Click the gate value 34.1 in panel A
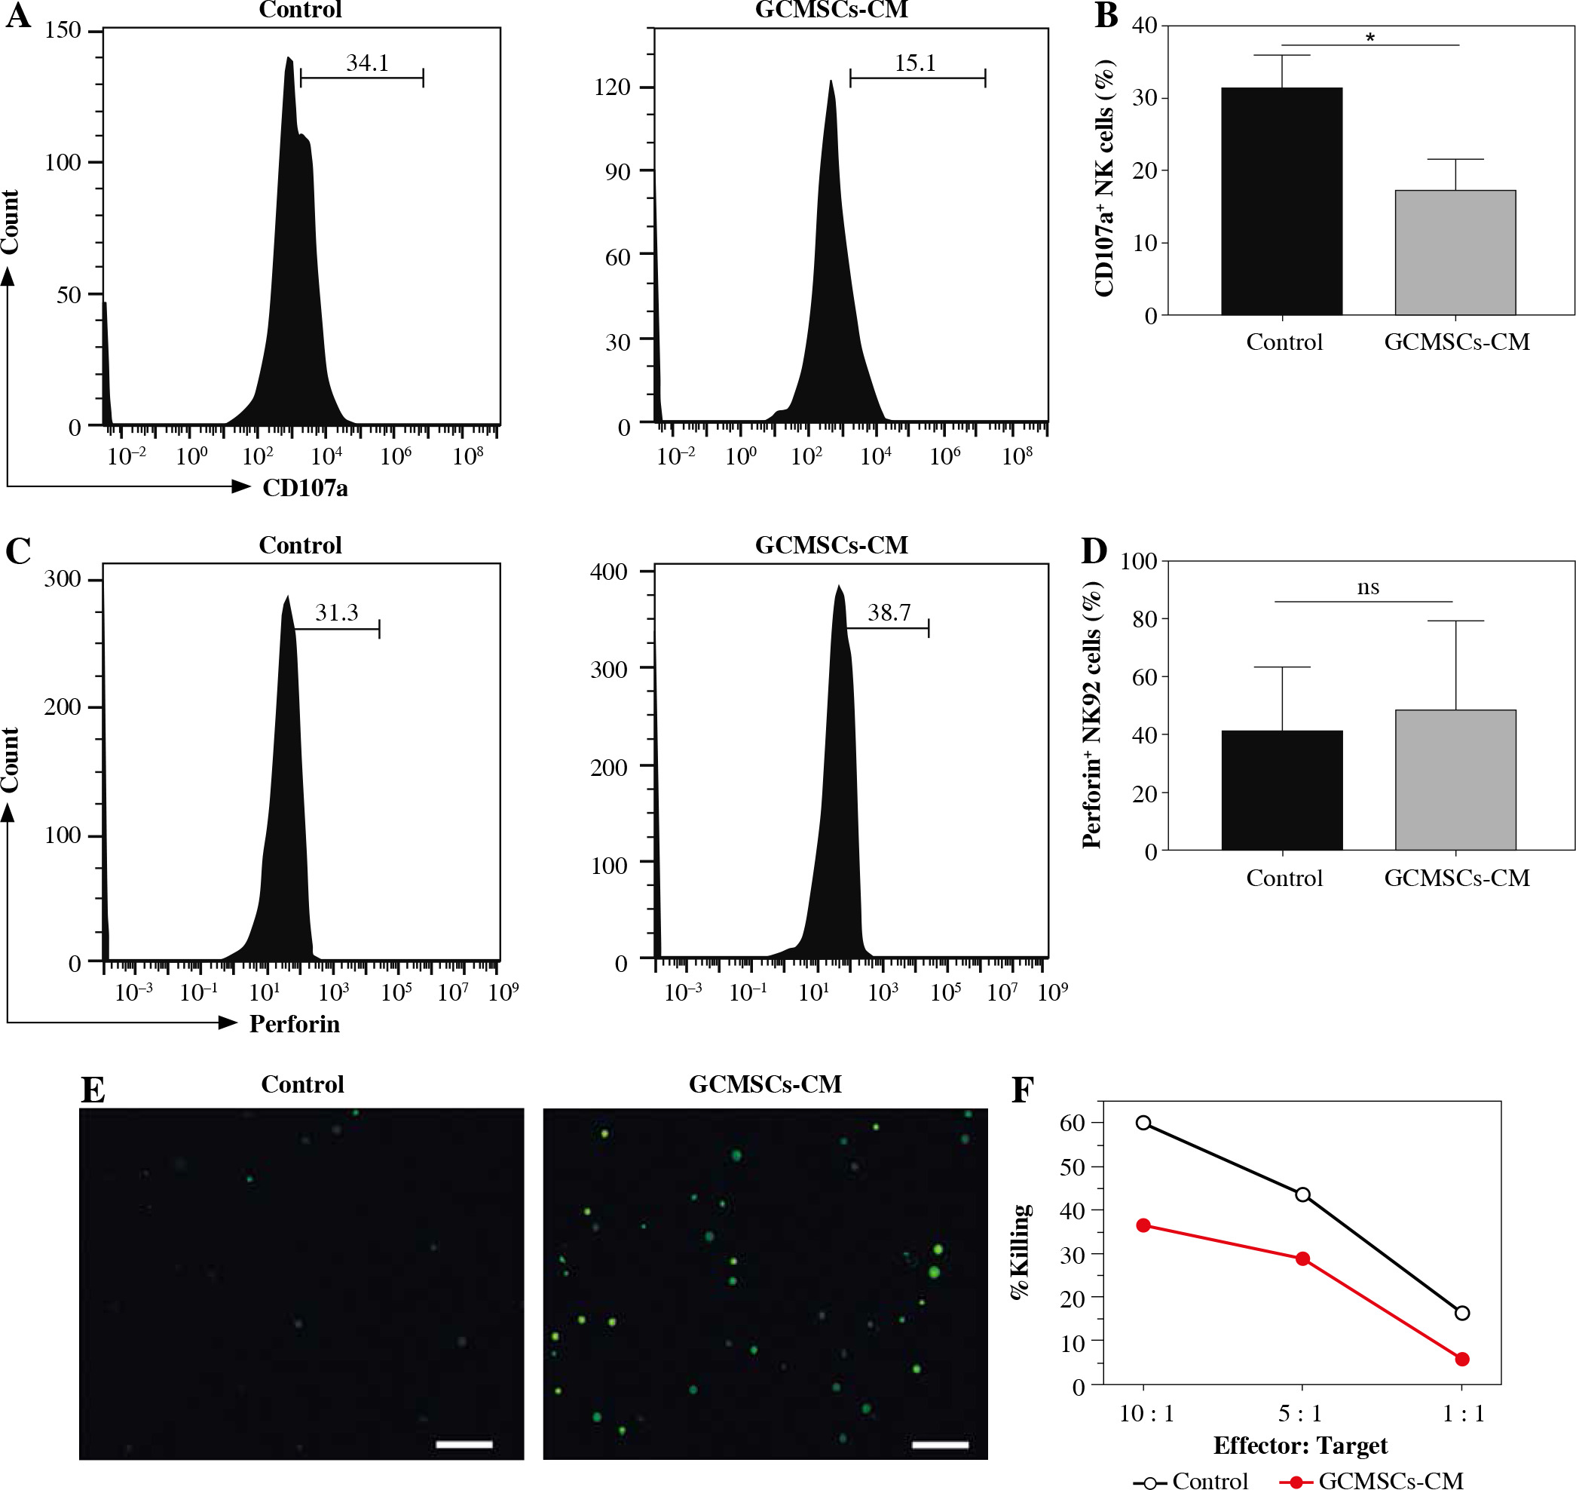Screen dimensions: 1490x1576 pos(367,63)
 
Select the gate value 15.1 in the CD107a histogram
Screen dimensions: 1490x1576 pos(915,63)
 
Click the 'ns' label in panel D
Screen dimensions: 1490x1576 pos(1367,587)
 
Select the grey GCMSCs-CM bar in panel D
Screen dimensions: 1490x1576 pos(1455,780)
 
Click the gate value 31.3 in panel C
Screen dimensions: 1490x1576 pos(337,612)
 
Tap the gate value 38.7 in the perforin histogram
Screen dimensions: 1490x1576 pos(889,612)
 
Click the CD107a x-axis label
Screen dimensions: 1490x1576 pos(305,488)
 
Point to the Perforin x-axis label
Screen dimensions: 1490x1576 pos(295,1024)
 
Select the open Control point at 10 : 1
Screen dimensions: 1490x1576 pos(1143,1122)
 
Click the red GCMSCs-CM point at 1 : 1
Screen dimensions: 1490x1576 pos(1461,1359)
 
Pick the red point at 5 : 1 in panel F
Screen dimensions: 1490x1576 pos(1302,1259)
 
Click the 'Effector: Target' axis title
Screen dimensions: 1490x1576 pos(1299,1445)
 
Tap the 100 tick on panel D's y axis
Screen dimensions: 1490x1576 pos(1139,561)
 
